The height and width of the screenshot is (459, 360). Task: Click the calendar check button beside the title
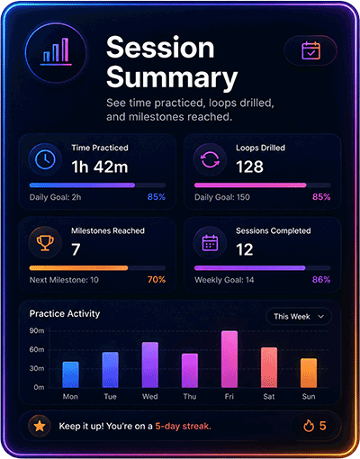pyautogui.click(x=310, y=50)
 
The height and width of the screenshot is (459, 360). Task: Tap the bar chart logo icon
pyautogui.click(x=56, y=52)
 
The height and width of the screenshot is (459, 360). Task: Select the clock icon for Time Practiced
pyautogui.click(x=45, y=159)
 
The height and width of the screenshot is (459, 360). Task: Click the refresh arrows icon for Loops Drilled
pyautogui.click(x=210, y=159)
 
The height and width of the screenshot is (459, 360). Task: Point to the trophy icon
pyautogui.click(x=45, y=242)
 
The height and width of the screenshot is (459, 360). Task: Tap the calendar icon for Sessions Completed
pyautogui.click(x=210, y=242)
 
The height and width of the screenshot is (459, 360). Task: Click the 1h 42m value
pyautogui.click(x=100, y=166)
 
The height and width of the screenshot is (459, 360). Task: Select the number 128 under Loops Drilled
pyautogui.click(x=249, y=166)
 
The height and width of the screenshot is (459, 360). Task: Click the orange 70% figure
pyautogui.click(x=157, y=280)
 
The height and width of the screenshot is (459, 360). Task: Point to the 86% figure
pyautogui.click(x=321, y=280)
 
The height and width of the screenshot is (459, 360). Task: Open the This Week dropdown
pyautogui.click(x=299, y=317)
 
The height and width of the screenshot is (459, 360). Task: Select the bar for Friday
pyautogui.click(x=229, y=359)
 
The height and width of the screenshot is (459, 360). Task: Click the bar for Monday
pyautogui.click(x=70, y=374)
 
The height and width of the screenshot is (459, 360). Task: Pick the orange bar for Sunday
pyautogui.click(x=309, y=373)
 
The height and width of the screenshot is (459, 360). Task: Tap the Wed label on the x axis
pyautogui.click(x=150, y=397)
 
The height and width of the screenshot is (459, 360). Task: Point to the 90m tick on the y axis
pyautogui.click(x=37, y=330)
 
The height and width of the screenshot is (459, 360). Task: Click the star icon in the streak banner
pyautogui.click(x=40, y=426)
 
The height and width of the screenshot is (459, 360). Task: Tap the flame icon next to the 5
pyautogui.click(x=309, y=426)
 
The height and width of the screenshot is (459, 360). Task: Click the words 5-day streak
pyautogui.click(x=183, y=426)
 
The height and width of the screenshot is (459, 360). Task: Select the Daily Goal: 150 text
pyautogui.click(x=222, y=197)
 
